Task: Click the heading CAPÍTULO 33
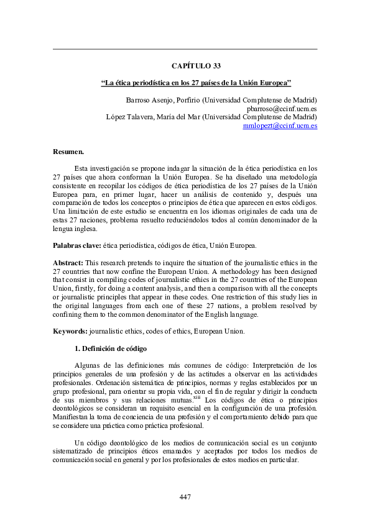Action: [x=196, y=65]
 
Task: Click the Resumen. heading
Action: [x=68, y=151]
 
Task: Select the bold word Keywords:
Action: [x=70, y=331]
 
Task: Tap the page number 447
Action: [x=185, y=496]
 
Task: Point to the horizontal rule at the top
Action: [x=185, y=49]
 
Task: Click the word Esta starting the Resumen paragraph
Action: [x=81, y=168]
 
